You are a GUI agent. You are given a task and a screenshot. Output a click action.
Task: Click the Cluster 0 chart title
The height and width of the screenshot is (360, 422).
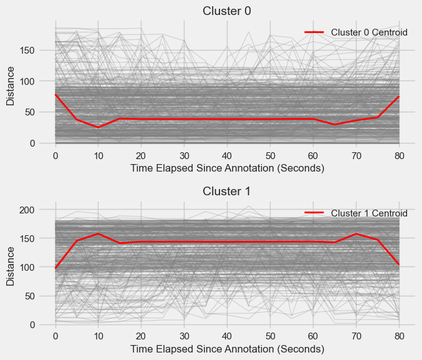(227, 10)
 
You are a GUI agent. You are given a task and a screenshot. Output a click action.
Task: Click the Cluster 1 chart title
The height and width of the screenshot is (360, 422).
(227, 192)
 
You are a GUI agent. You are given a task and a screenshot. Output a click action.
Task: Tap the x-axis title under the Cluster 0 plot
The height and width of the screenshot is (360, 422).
(227, 168)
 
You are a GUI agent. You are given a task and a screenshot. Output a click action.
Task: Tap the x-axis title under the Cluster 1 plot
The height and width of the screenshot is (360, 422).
(227, 350)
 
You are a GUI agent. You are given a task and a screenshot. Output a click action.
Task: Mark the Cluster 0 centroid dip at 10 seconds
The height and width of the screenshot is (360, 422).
(98, 127)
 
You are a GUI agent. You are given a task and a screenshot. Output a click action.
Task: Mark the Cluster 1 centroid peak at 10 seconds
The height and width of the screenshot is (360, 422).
(98, 234)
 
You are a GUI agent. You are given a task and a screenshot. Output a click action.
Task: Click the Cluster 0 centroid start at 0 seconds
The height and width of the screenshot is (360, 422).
(55, 95)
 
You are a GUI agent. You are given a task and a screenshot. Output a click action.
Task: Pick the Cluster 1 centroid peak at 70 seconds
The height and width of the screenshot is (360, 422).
(356, 234)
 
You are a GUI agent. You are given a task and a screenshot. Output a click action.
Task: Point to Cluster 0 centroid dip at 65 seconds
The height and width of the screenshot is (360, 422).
(335, 125)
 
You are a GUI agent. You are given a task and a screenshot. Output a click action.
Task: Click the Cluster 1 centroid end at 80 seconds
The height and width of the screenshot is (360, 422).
(399, 265)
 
